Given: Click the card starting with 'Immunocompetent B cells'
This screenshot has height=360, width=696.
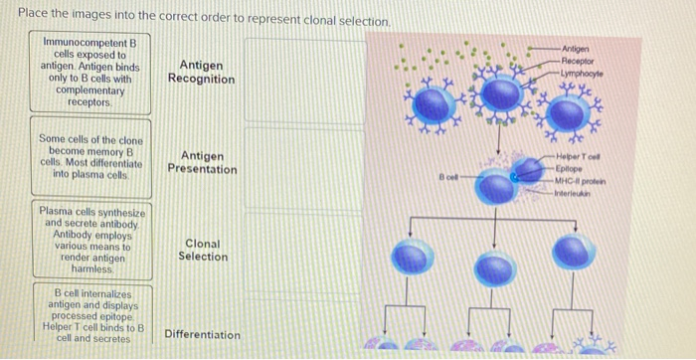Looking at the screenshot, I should click(x=89, y=73).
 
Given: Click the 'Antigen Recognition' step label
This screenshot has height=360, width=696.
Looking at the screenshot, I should click(x=201, y=72).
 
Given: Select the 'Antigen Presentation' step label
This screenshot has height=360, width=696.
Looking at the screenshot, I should click(x=202, y=162).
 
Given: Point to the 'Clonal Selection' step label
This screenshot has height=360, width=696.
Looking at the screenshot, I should click(x=202, y=250).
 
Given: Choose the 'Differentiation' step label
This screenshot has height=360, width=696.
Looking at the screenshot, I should click(x=202, y=335).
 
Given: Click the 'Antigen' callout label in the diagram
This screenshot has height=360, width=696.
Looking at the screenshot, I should click(x=575, y=49).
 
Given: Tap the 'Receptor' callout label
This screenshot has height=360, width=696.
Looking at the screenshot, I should click(x=579, y=61).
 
